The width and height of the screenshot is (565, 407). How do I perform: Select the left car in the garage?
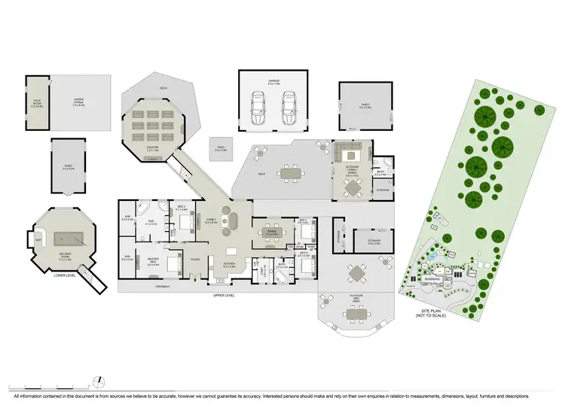[x=258, y=111]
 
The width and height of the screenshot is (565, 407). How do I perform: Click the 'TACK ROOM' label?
[x=36, y=105]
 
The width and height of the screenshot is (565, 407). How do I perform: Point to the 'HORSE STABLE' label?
[x=78, y=104]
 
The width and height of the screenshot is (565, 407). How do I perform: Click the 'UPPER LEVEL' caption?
[x=224, y=296]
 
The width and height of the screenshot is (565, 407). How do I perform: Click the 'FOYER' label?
[x=194, y=260]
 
